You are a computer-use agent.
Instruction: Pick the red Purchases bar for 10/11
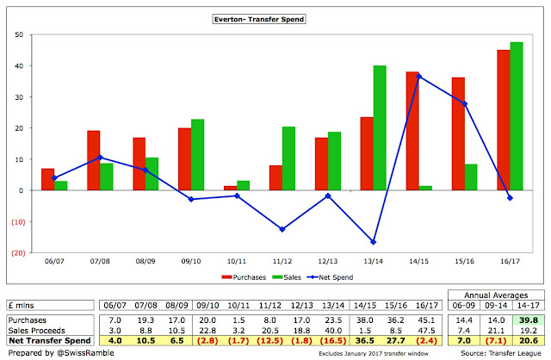pyautogui.click(x=231, y=188)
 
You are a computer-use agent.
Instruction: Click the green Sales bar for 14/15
pyautogui.click(x=425, y=188)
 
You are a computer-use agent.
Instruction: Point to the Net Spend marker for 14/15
pyautogui.click(x=418, y=77)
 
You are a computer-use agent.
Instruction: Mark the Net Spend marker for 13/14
pyautogui.click(x=374, y=241)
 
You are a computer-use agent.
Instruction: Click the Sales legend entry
pyautogui.click(x=285, y=278)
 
